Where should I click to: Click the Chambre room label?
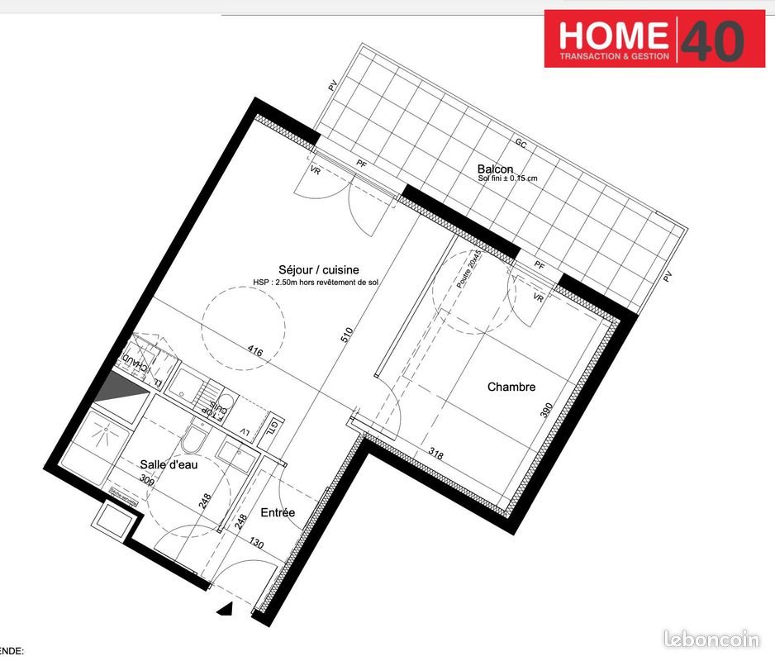coord(511,387)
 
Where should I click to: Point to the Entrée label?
coord(278,513)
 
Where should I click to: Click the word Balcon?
coord(495,170)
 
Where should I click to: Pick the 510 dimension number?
coord(347,335)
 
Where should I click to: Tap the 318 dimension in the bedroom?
coord(435,452)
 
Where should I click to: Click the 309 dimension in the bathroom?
coord(147,479)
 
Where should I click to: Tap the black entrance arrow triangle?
coord(224,611)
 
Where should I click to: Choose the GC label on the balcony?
coord(521,143)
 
